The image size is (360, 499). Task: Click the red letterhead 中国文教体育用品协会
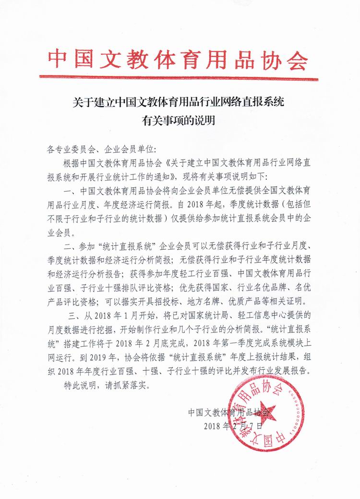[178, 59]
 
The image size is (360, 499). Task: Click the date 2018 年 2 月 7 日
[233, 426]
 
